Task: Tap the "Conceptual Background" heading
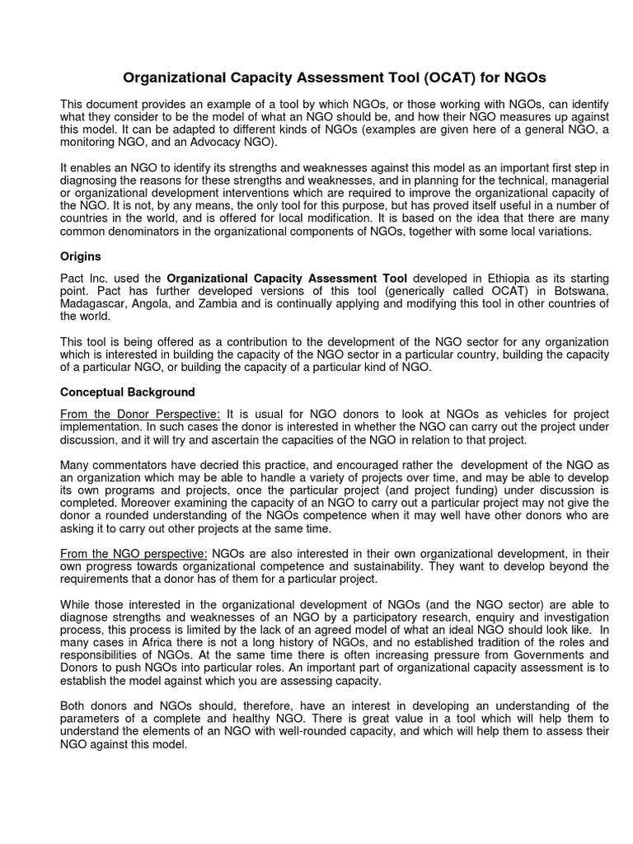(128, 392)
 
